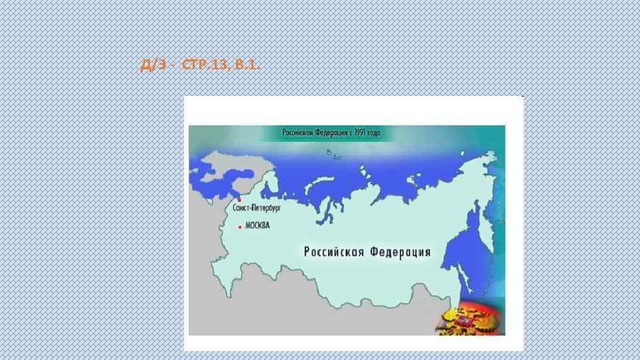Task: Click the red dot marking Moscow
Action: tap(240, 227)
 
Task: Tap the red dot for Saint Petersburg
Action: tap(239, 199)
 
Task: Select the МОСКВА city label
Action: tap(257, 226)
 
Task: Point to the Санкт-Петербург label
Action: tap(257, 208)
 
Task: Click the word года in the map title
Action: tap(373, 133)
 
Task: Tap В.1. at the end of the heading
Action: tap(246, 65)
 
